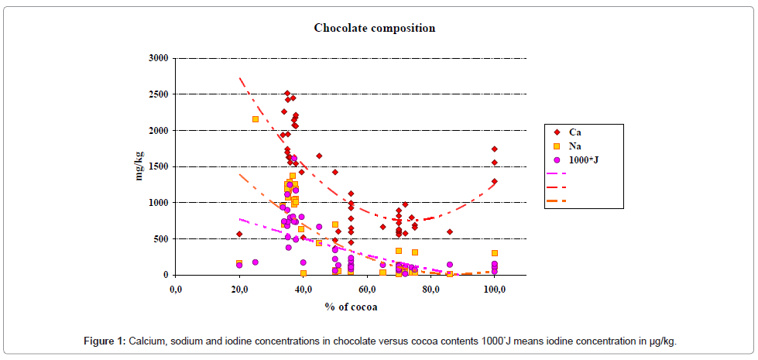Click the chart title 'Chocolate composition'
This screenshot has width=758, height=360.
click(374, 28)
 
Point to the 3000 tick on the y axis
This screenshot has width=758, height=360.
click(159, 58)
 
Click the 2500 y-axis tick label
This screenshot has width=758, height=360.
click(159, 94)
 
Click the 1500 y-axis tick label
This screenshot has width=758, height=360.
click(159, 166)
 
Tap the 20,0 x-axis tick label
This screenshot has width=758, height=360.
click(239, 290)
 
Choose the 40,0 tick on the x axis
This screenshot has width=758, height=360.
click(304, 290)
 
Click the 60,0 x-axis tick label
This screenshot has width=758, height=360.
click(367, 290)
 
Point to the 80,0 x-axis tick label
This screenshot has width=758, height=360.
click(431, 290)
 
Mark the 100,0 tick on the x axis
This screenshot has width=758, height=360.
click(495, 290)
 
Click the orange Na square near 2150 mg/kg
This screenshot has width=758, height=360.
click(256, 119)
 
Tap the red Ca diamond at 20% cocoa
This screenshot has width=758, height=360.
click(239, 234)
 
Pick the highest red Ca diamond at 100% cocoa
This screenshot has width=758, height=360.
click(495, 149)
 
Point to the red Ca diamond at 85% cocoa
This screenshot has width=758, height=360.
click(449, 231)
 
